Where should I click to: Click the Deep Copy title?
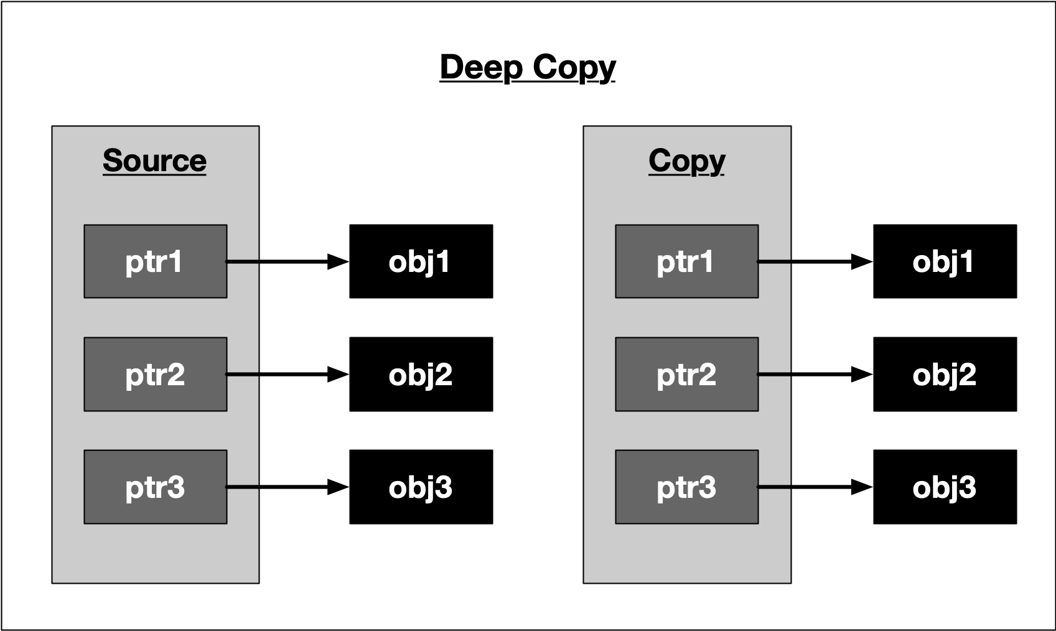pos(527,67)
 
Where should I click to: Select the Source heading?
pos(154,161)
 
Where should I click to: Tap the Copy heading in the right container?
pos(686,161)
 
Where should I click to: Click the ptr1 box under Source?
pos(155,261)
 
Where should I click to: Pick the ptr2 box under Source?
pos(155,374)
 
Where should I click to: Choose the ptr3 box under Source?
pos(155,487)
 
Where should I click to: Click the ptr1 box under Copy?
pos(686,261)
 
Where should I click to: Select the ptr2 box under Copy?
pos(686,374)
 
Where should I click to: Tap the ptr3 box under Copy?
pos(686,487)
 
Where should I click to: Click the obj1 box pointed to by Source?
pos(421,261)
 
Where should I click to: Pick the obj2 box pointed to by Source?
pos(421,374)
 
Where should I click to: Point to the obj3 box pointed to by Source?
pos(421,487)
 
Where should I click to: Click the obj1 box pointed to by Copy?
pos(945,261)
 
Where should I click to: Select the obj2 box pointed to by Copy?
pos(945,374)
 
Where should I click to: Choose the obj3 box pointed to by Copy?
pos(945,487)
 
